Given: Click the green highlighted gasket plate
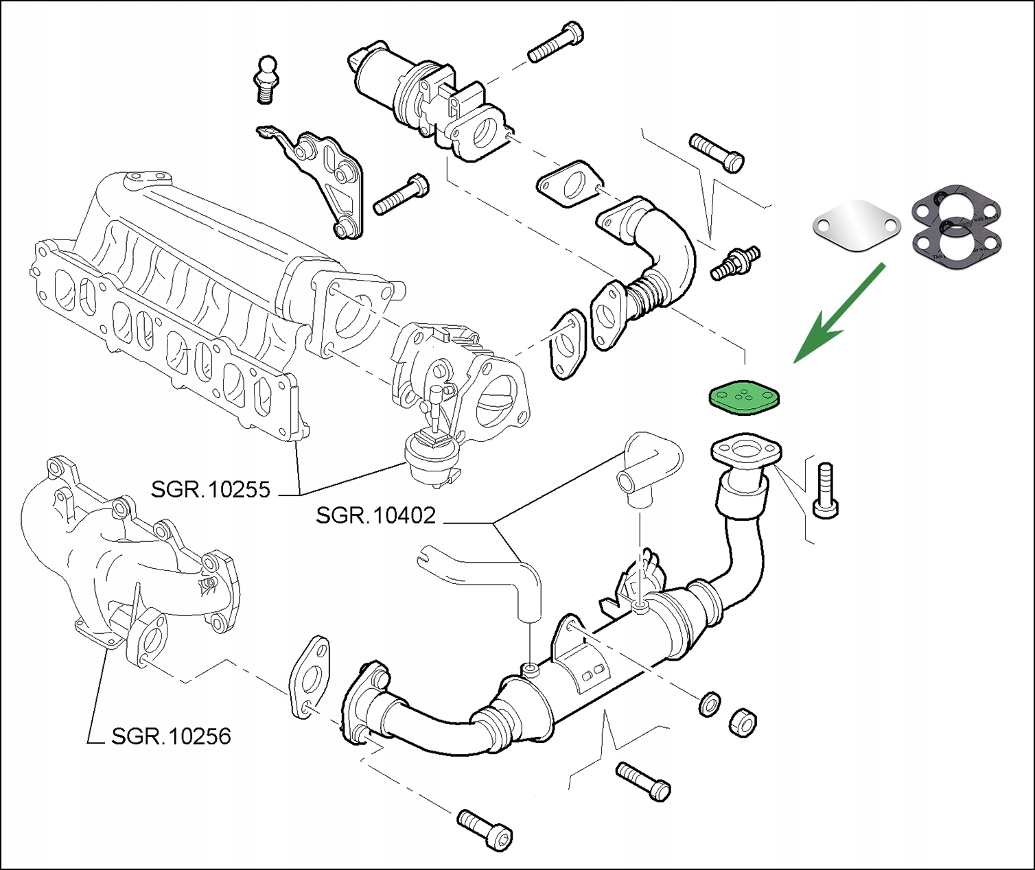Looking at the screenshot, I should point(744,399).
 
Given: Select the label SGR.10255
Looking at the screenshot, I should point(211,490).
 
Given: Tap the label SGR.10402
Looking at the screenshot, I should point(375,515).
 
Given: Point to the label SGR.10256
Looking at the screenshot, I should point(171,736).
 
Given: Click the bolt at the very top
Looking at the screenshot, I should point(556,43).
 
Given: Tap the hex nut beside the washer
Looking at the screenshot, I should point(741,722).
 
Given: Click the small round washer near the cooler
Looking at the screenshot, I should point(709,704).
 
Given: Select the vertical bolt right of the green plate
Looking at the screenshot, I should point(825,490).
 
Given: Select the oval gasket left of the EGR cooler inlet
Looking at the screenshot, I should point(309,676).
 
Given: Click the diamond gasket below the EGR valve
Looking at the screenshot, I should point(569,184).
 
